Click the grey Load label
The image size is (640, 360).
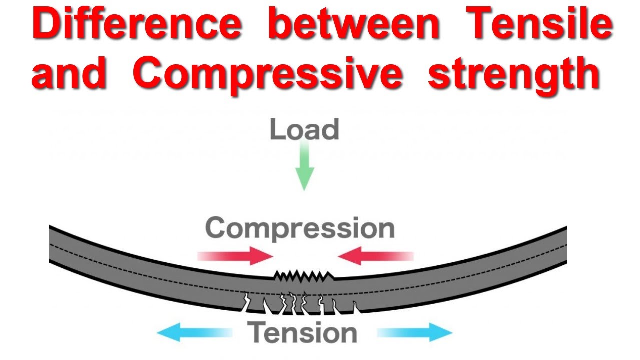(x=304, y=129)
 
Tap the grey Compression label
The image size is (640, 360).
(x=300, y=228)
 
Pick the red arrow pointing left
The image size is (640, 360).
(x=375, y=256)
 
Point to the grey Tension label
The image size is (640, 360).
(x=303, y=333)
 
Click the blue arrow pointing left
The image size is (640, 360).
(x=195, y=333)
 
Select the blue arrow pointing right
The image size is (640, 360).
(x=415, y=333)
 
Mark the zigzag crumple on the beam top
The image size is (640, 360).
(x=304, y=276)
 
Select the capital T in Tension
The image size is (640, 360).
(x=258, y=333)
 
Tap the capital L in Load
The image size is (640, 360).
(x=276, y=129)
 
